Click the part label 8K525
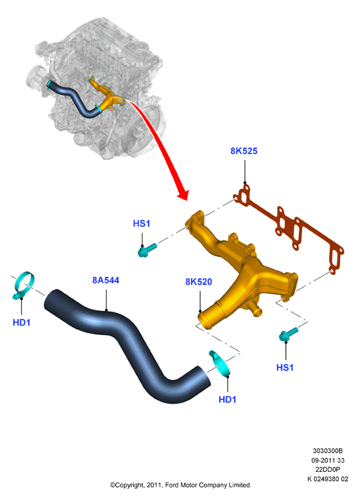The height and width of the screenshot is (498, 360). click(x=243, y=151)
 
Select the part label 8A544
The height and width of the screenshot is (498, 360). click(x=106, y=280)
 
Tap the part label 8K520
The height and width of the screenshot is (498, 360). click(x=199, y=281)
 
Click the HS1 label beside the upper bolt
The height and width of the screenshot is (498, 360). click(x=141, y=224)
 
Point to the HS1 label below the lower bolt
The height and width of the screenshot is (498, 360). click(x=285, y=367)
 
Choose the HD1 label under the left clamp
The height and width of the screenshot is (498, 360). click(x=22, y=322)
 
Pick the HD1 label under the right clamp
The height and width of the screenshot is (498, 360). click(x=228, y=399)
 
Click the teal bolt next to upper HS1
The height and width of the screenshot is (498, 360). click(x=148, y=249)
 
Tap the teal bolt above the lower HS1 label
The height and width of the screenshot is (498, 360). click(x=289, y=335)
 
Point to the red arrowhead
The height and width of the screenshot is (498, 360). click(x=183, y=193)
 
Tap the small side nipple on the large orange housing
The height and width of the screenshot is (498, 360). click(x=254, y=308)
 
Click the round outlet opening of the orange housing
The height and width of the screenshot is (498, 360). click(x=203, y=320)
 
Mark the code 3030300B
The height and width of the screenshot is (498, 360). click(x=328, y=451)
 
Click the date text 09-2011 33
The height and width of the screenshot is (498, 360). click(x=328, y=460)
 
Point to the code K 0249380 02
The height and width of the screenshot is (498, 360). click(x=328, y=479)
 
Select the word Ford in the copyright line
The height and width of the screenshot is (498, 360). click(x=172, y=485)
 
